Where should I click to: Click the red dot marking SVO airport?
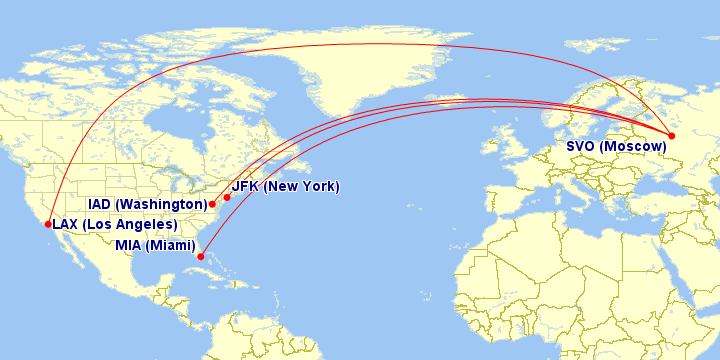click(672, 136)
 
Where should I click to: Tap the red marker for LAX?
click(48, 224)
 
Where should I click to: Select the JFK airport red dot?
click(227, 197)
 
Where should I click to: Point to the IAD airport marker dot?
click(212, 204)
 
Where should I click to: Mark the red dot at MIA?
click(201, 257)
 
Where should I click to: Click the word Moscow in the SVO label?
click(634, 147)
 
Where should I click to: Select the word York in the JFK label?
click(318, 187)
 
